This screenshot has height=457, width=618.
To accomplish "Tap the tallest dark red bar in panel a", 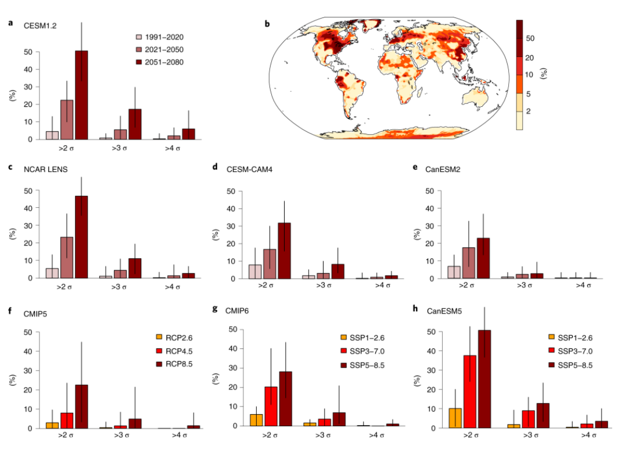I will click(x=81, y=95).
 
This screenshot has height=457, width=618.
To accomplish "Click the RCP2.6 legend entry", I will click(x=177, y=336).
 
